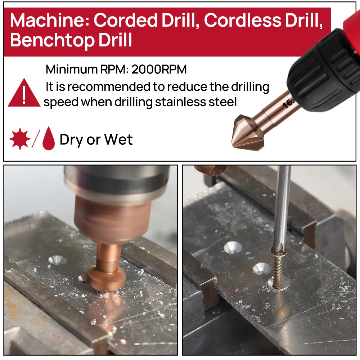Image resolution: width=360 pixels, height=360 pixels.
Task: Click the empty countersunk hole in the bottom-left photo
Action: tap(58, 260)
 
